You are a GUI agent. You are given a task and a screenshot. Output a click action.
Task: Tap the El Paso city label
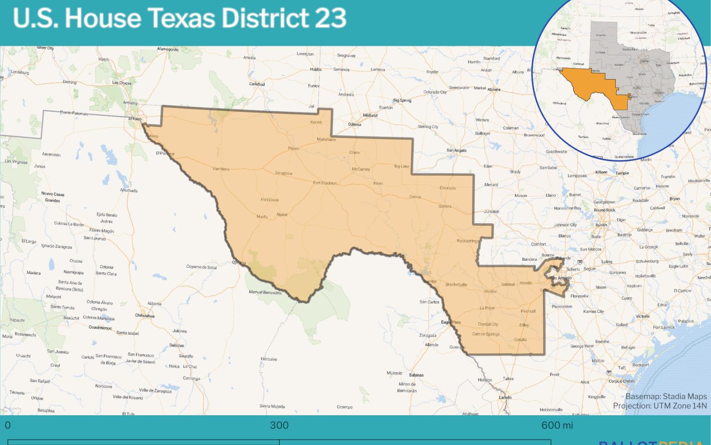135,119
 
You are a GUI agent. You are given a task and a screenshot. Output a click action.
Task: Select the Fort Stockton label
325,183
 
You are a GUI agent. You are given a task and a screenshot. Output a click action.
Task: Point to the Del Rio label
430,282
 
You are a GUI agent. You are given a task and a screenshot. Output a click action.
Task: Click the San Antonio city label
561,278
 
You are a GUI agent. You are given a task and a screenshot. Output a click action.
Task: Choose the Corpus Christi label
622,381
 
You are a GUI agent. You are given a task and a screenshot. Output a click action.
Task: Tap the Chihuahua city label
145,316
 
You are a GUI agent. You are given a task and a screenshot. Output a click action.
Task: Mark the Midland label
370,115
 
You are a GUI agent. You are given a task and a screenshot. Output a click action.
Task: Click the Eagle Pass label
451,322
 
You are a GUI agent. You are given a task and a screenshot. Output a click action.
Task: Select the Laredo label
505,397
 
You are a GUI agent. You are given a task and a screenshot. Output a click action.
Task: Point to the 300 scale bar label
279,425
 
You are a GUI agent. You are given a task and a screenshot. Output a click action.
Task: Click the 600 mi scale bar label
557,425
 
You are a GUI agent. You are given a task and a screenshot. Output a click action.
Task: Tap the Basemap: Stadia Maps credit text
666,396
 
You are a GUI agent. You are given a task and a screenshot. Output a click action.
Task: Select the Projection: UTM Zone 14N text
660,406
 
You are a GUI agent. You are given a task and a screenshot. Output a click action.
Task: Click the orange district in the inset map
591,85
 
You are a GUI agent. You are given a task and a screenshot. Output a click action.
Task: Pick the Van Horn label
221,169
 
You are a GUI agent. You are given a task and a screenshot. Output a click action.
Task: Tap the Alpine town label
282,214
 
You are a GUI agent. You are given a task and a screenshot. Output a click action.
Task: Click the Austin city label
601,225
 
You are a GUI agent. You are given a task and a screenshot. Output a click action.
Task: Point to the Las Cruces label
122,83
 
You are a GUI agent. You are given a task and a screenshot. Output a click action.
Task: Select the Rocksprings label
468,241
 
